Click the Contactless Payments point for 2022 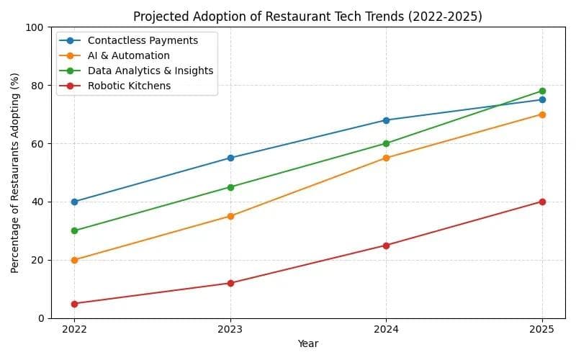pyautogui.click(x=74, y=202)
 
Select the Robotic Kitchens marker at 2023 pyautogui.click(x=230, y=283)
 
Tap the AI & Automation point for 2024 pyautogui.click(x=386, y=158)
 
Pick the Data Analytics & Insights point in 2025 pyautogui.click(x=542, y=91)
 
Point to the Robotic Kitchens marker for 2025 pyautogui.click(x=542, y=202)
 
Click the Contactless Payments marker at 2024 pyautogui.click(x=386, y=120)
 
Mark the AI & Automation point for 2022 pyautogui.click(x=74, y=260)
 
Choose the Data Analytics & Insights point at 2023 pyautogui.click(x=230, y=187)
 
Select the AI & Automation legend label pyautogui.click(x=134, y=55)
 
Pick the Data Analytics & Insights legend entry pyautogui.click(x=156, y=71)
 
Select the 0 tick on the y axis pyautogui.click(x=42, y=318)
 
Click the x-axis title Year pyautogui.click(x=308, y=344)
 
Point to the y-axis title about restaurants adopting pyautogui.click(x=15, y=173)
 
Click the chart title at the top pyautogui.click(x=308, y=16)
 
